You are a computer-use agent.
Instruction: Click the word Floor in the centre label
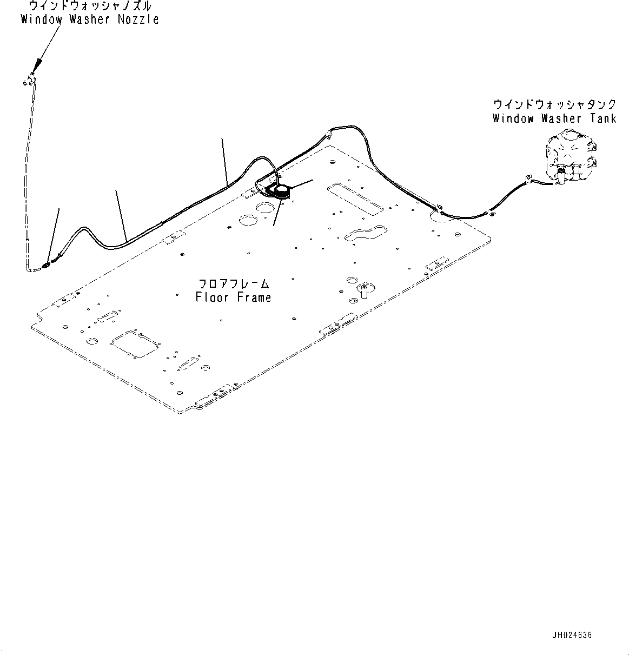point(208,297)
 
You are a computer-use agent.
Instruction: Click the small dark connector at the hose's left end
point(45,264)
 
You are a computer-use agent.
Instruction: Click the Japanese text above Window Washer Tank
point(554,104)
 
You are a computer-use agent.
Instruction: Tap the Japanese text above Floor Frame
point(234,283)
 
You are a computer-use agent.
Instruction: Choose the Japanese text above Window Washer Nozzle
point(89,6)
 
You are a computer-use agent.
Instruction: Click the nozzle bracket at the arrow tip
point(28,81)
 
